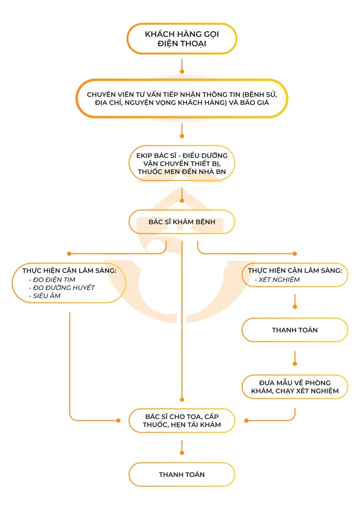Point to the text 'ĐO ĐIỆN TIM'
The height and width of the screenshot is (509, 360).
tap(54, 280)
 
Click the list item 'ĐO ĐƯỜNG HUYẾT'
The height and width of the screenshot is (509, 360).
tap(64, 288)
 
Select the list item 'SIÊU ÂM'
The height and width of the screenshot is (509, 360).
tap(46, 296)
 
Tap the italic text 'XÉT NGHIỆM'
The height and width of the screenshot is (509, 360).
tap(279, 280)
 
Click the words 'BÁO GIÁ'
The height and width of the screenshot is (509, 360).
tap(255, 103)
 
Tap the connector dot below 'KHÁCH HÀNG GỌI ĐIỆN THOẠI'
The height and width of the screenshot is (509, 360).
tap(182, 71)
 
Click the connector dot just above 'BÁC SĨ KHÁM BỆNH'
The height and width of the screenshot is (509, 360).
tap(182, 201)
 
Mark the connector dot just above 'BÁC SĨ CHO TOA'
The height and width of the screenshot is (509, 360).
tap(182, 399)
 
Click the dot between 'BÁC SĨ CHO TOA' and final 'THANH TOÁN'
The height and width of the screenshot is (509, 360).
tap(182, 453)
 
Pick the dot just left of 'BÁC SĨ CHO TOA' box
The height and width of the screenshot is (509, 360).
tap(118, 421)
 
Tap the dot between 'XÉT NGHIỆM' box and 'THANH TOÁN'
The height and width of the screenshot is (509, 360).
tap(295, 307)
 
